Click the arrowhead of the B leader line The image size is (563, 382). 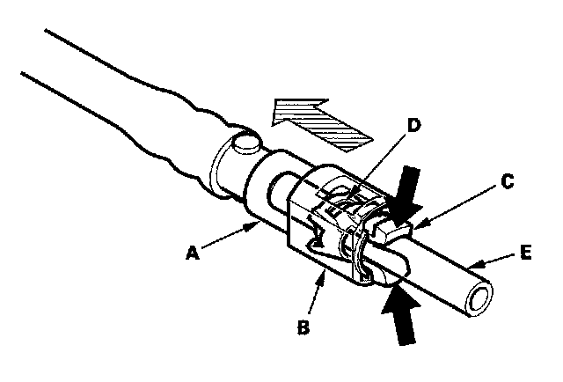(325, 274)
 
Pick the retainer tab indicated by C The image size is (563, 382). (391, 231)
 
